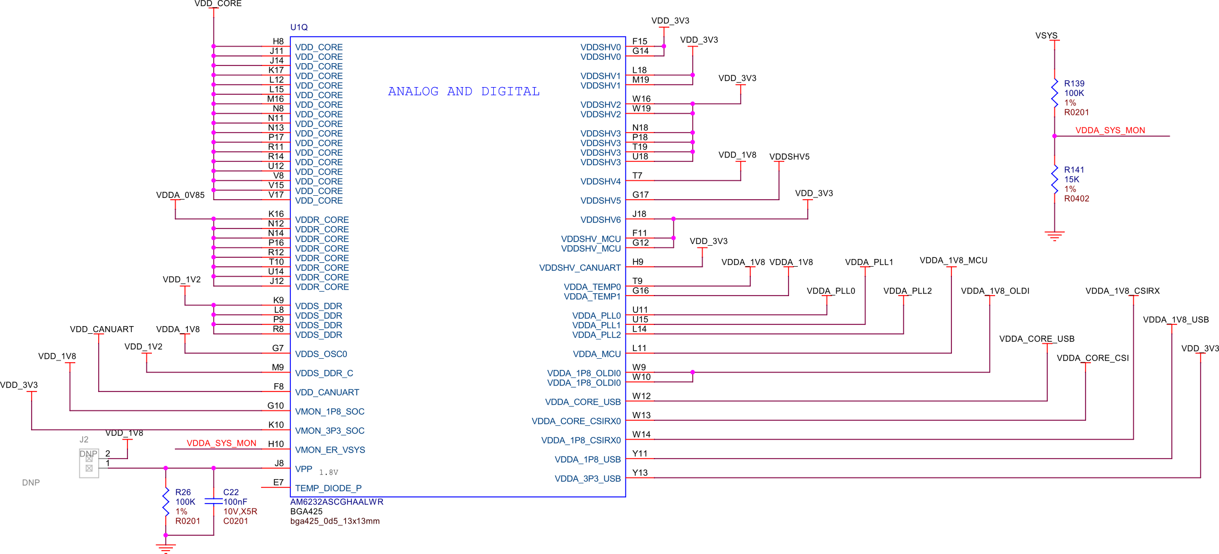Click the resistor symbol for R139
1054,93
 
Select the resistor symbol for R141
1054,180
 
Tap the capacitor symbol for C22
213,501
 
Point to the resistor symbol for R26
166,501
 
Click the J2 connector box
89,463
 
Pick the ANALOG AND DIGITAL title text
463,92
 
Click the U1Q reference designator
299,27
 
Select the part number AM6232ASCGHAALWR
336,502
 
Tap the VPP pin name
304,469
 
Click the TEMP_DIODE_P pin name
328,488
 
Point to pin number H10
276,444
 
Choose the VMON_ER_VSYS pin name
330,450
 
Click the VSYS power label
1046,35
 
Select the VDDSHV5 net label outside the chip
789,156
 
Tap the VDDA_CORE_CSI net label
1092,358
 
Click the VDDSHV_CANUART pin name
580,268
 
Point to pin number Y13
640,472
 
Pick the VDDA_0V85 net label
180,195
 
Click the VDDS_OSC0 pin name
321,354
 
